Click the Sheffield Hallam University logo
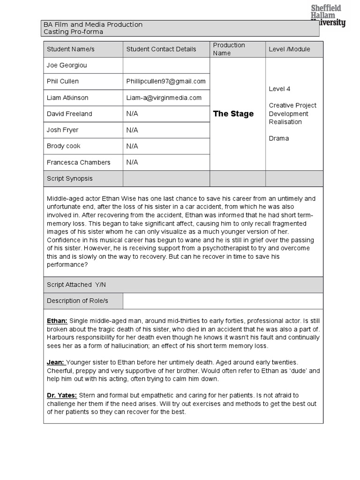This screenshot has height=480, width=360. tap(328, 15)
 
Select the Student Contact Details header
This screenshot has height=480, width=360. tap(161, 49)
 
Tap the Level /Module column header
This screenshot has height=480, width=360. tap(289, 49)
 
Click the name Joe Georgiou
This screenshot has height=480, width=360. tap(67, 65)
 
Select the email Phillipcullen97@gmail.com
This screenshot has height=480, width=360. tap(166, 81)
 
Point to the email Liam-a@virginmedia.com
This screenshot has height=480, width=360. tap(164, 97)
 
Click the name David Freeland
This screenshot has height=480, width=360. tap(69, 114)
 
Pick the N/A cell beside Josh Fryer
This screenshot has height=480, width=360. tap(132, 130)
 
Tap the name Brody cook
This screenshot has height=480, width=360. tap(63, 146)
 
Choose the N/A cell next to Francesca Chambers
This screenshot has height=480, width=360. tap(132, 162)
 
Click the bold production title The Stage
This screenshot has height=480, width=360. tap(233, 114)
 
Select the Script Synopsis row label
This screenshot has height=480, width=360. tap(70, 179)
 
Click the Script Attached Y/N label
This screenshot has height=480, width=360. tap(76, 285)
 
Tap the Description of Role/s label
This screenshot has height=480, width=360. tap(77, 300)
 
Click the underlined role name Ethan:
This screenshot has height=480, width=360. tap(57, 321)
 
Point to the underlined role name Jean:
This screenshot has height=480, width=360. tap(56, 362)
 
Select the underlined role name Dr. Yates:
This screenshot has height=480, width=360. tap(62, 396)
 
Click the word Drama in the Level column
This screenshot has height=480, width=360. tap(279, 138)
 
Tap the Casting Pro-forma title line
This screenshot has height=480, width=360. tap(73, 32)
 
